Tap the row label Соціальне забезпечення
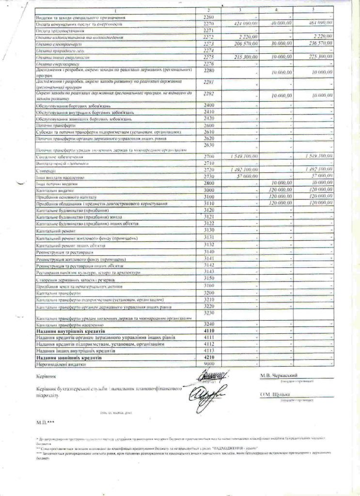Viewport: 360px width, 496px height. click(57, 157)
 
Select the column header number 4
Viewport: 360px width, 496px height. click(276, 10)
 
